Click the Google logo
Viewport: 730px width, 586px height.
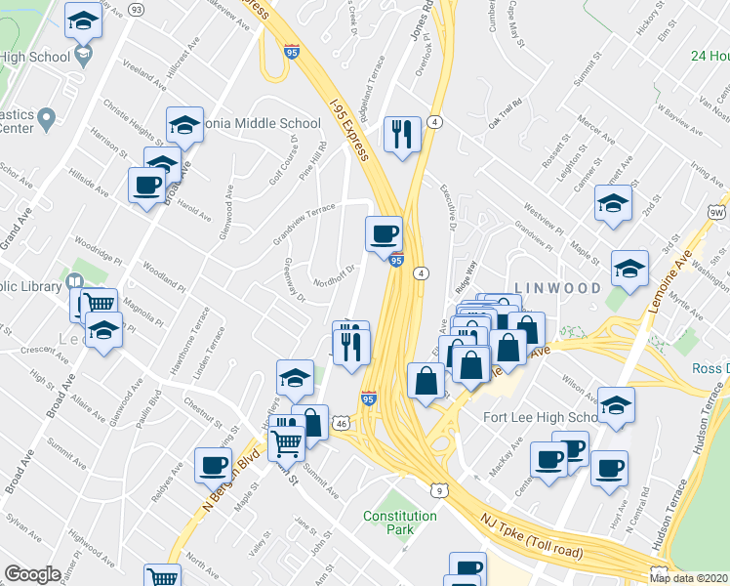(x=32, y=574)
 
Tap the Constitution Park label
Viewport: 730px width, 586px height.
(x=399, y=523)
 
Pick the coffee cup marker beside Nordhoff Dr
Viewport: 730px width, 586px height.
(x=383, y=232)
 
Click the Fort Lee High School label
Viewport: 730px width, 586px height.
(x=540, y=418)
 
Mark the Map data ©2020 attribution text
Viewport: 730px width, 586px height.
(x=687, y=578)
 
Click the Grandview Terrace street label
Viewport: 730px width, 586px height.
(x=304, y=222)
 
